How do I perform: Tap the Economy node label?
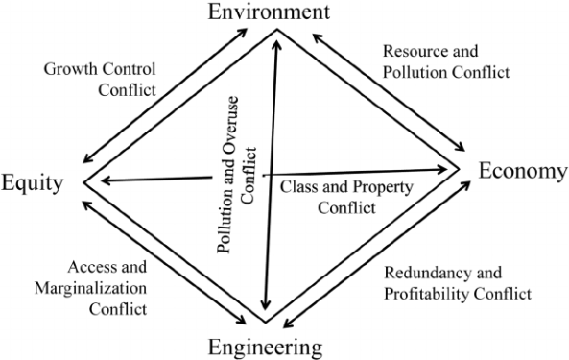pos(523,171)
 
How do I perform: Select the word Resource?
pos(415,50)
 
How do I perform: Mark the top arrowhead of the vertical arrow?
pos(277,37)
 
